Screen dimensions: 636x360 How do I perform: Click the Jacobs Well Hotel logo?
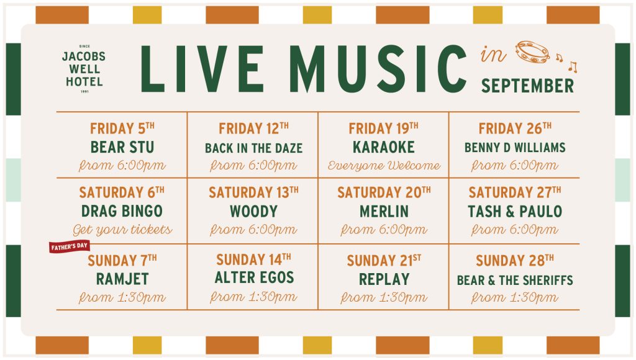coord(84,69)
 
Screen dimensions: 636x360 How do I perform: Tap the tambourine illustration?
coord(532,52)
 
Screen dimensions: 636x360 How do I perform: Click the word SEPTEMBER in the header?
coord(527,86)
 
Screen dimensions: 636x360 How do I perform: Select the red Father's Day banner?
coord(70,246)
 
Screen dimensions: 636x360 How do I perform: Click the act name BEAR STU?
coord(122,147)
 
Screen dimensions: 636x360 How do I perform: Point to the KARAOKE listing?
coord(384,147)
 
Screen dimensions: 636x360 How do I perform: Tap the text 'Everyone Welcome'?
coord(384,165)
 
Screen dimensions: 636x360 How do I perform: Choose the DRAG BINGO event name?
coord(122,211)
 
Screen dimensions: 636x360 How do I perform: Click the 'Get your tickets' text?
coord(122,230)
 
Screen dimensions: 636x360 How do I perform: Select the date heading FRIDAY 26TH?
coord(515,128)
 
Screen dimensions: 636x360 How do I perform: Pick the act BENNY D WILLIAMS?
coord(515,148)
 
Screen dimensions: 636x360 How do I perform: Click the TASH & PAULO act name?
coord(515,211)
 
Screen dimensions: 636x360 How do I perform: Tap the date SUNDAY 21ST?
coord(384,260)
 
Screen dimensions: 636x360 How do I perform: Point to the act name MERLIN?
coord(384,211)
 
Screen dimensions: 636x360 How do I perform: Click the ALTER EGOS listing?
coord(254,277)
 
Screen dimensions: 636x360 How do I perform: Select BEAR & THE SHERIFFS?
coord(515,280)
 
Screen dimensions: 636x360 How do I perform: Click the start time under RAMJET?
coord(122,297)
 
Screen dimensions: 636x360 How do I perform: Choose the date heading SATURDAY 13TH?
coord(253,192)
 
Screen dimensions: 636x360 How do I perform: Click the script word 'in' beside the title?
coord(493,55)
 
